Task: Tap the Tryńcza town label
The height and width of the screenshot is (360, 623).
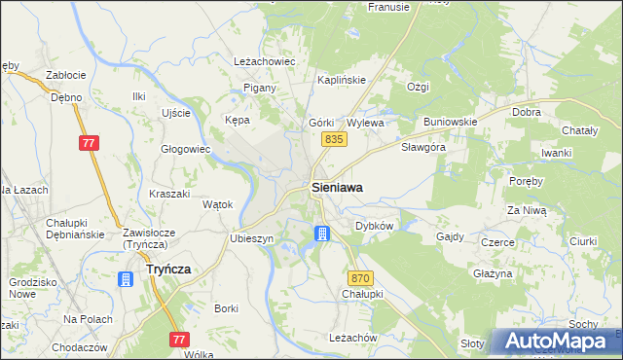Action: (167, 270)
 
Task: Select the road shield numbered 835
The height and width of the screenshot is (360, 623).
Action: (334, 140)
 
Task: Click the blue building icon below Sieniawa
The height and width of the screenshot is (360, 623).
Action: (322, 234)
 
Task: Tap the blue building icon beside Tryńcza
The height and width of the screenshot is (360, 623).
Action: (125, 280)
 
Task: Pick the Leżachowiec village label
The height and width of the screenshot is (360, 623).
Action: (264, 61)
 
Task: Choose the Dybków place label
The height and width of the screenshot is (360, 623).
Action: (374, 225)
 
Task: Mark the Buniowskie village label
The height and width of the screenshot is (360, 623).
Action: (449, 123)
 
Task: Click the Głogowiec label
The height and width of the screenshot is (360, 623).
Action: (185, 149)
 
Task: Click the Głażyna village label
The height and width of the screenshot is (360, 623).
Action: (492, 274)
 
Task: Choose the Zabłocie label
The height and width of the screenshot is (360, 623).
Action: (66, 75)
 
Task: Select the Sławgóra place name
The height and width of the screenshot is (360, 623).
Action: (423, 148)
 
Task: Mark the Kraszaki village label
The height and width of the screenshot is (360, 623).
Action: (169, 194)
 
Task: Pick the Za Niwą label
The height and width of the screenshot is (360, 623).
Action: (527, 210)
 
